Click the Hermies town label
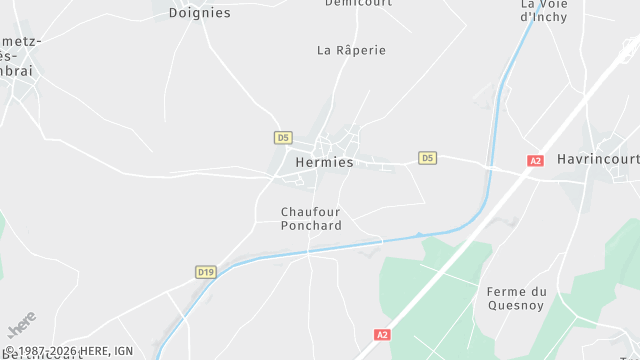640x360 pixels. pos(324,162)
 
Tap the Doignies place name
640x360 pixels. pos(199,13)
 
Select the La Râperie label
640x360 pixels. pos(351,50)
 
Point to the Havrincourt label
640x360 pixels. pos(596,160)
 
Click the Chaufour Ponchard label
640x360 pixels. pos(311,219)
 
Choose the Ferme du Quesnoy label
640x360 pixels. pos(516,299)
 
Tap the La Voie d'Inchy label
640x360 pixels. pos(544,10)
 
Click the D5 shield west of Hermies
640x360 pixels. pos(283,137)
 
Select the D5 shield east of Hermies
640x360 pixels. pos(427,158)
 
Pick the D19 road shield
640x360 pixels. pos(205,271)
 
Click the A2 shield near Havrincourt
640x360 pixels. pos(535,160)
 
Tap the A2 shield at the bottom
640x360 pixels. pos(381,334)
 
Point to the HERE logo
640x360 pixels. pos(21,326)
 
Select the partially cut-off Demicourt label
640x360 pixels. pos(358,3)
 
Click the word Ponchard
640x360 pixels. pos(311,226)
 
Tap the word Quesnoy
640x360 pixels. pos(516,306)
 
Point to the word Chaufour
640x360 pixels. pos(311,212)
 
